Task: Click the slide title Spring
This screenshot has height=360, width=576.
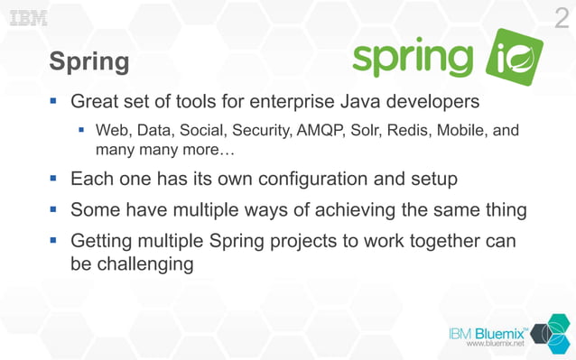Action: (x=88, y=61)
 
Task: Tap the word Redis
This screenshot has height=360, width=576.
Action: (x=408, y=130)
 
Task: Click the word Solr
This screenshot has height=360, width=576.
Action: (x=366, y=130)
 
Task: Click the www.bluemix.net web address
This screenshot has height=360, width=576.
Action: (x=495, y=345)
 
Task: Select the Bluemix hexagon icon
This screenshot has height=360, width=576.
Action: (x=546, y=333)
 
